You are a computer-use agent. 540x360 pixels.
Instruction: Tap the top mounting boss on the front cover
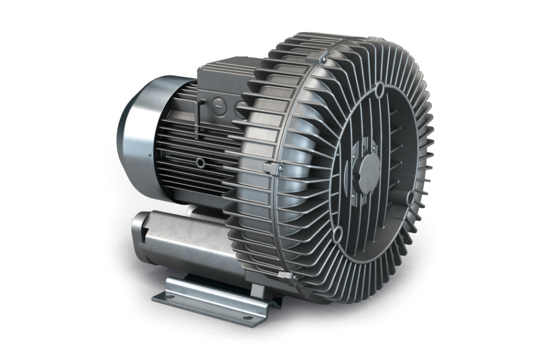tap(380, 87)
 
